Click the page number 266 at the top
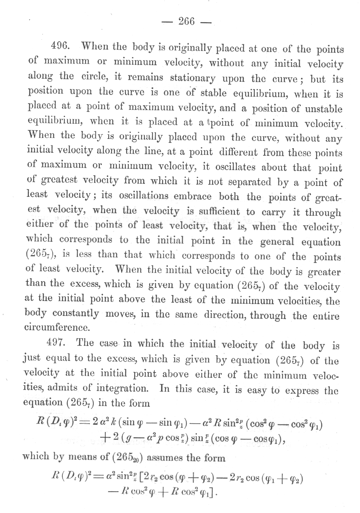(186, 22)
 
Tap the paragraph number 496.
(59, 46)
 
